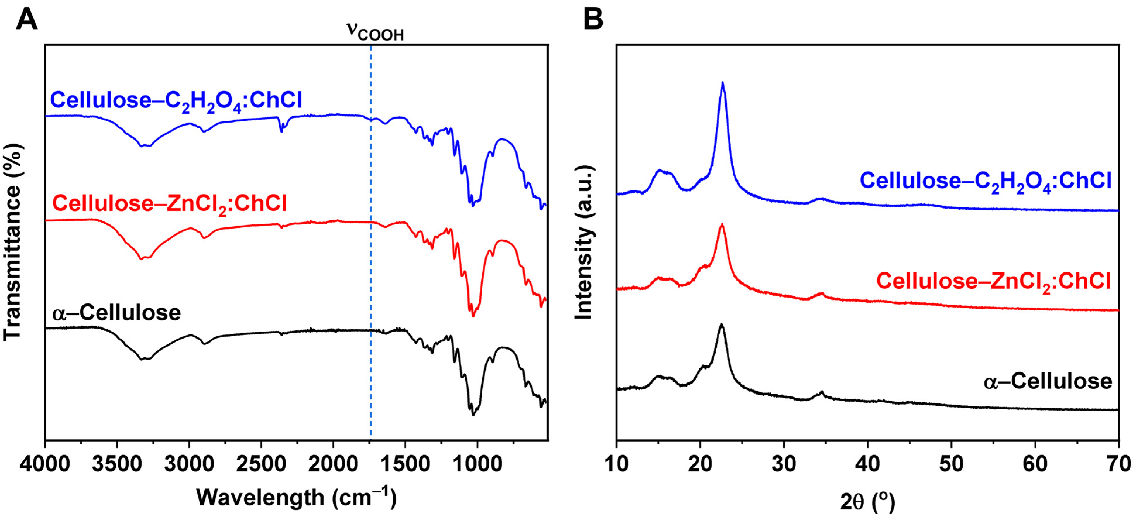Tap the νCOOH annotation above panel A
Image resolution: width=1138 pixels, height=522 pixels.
pyautogui.click(x=375, y=32)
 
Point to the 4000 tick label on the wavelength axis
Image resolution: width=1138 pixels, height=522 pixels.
pyautogui.click(x=45, y=465)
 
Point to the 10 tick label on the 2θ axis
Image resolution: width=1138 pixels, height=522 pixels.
pyautogui.click(x=616, y=465)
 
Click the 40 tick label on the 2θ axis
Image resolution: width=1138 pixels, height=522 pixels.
pyautogui.click(x=868, y=465)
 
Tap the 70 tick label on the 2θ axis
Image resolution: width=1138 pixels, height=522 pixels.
pyautogui.click(x=1119, y=465)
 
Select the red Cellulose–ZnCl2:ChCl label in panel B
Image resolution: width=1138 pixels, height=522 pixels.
pyautogui.click(x=993, y=281)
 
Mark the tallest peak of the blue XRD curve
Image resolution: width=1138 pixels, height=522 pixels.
pyautogui.click(x=723, y=83)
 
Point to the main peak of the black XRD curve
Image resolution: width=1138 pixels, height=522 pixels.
pyautogui.click(x=721, y=325)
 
